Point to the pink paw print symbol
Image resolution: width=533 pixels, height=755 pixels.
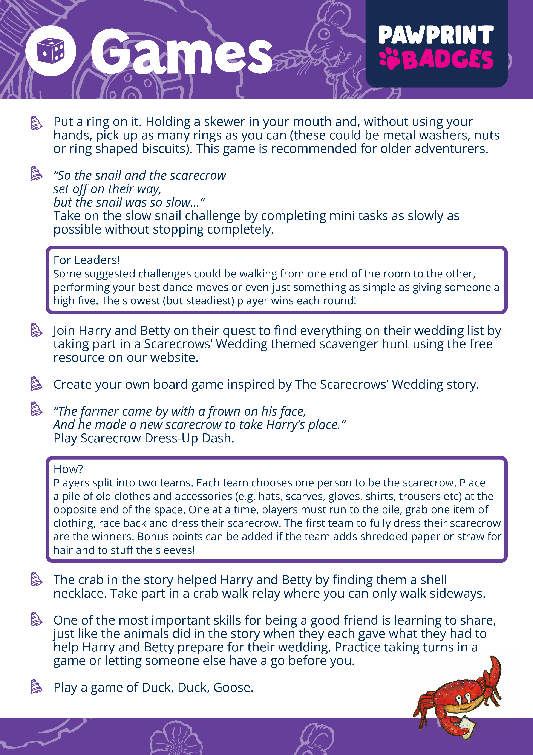[389, 59]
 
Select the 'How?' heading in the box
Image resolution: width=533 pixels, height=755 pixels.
[68, 469]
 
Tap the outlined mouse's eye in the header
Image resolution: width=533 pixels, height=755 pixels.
[324, 33]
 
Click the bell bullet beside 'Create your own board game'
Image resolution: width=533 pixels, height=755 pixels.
[36, 384]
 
